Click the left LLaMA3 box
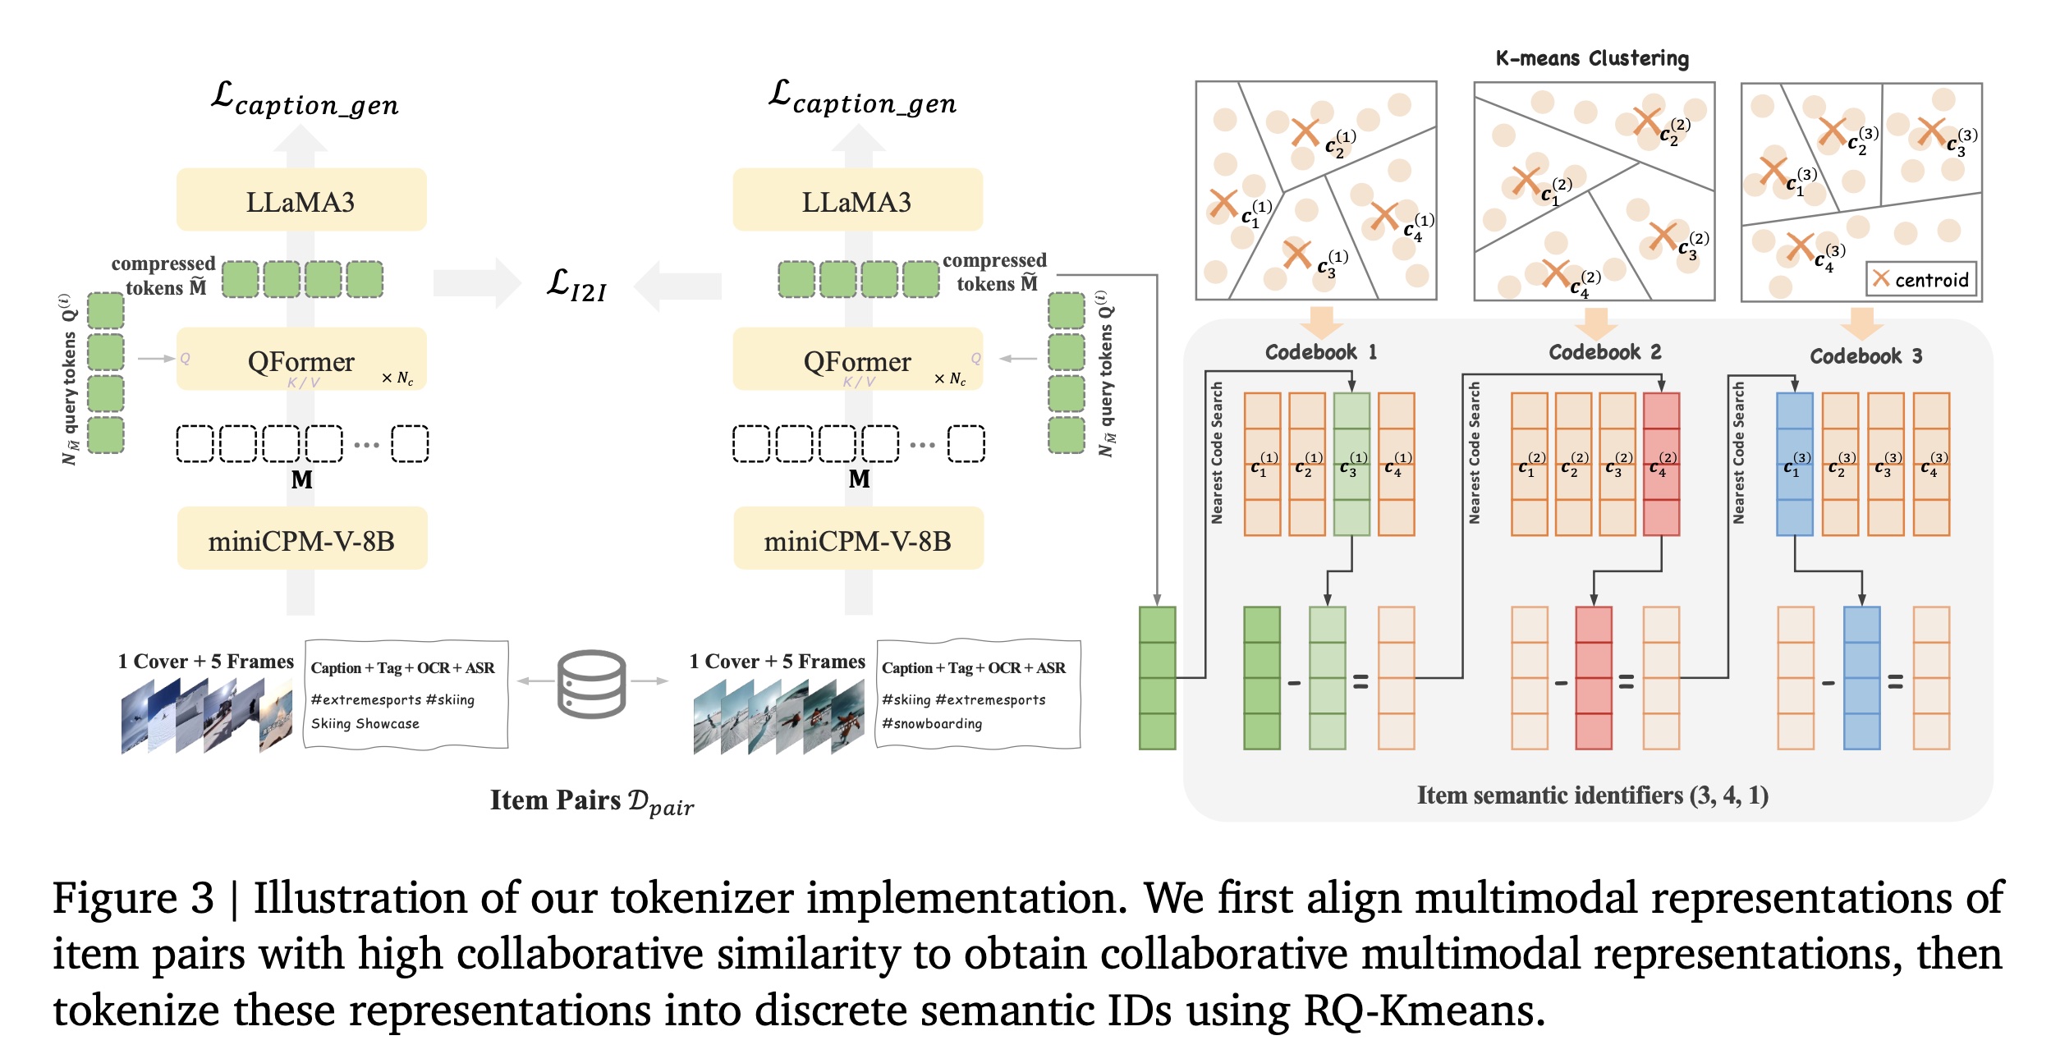[301, 200]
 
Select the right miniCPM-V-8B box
[857, 539]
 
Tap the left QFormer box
[301, 360]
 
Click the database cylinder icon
[591, 683]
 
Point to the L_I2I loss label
[576, 285]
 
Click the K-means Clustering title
[1591, 58]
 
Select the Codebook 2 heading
[1604, 352]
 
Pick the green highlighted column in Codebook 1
[1351, 464]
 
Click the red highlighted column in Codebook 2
[1661, 464]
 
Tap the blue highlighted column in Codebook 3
[1794, 464]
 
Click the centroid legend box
[1920, 279]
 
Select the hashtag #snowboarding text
[932, 723]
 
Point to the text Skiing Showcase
[365, 723]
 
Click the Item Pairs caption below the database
[591, 800]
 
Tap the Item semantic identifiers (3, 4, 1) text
[1592, 795]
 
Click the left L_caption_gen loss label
[305, 99]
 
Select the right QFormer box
[857, 360]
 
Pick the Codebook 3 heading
[1865, 355]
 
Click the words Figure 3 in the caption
[133, 897]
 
